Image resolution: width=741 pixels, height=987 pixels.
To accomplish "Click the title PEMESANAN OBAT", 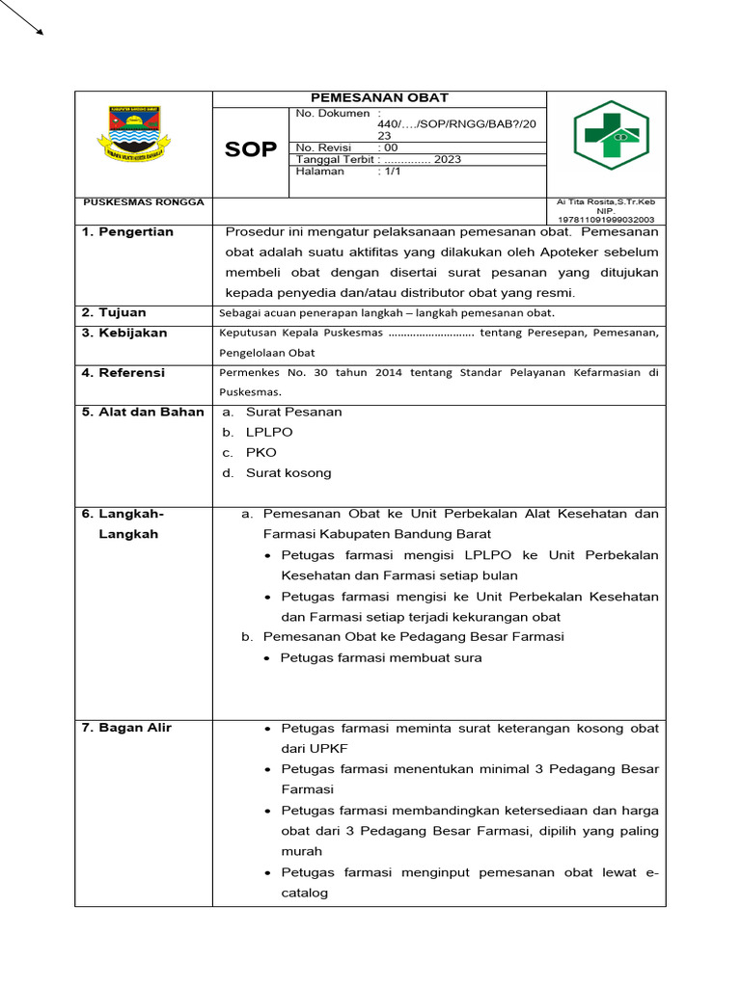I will pyautogui.click(x=379, y=98).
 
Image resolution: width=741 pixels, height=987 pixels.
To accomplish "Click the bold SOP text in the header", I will pyautogui.click(x=250, y=149).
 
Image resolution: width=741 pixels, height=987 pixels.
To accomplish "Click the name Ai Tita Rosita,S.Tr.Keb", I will pyautogui.click(x=606, y=201).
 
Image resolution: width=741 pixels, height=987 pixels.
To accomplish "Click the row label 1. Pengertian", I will pyautogui.click(x=127, y=232).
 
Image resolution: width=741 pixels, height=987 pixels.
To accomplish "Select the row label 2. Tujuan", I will pyautogui.click(x=114, y=313).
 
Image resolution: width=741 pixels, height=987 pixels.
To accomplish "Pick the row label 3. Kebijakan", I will pyautogui.click(x=124, y=333).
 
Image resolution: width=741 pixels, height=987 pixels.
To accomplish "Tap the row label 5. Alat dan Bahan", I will pyautogui.click(x=143, y=413).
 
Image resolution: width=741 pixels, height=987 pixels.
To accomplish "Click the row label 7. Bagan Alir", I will pyautogui.click(x=126, y=728).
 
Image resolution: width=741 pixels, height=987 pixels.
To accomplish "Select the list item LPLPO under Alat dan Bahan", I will pyautogui.click(x=269, y=433).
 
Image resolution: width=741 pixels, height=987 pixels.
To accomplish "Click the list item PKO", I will pyautogui.click(x=261, y=453).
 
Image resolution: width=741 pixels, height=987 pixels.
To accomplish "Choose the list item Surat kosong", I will pyautogui.click(x=288, y=473).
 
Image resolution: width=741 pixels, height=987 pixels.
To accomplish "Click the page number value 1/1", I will pyautogui.click(x=391, y=172).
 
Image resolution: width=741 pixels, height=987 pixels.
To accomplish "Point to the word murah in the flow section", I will pyautogui.click(x=302, y=852).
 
